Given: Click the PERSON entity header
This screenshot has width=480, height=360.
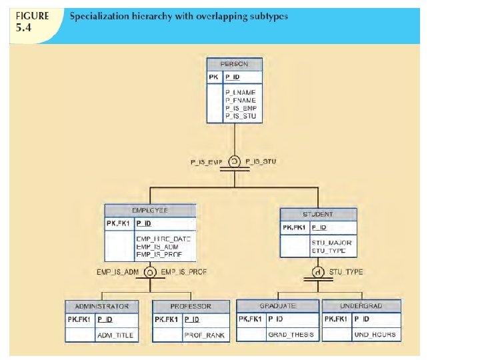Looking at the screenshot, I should click(x=234, y=64).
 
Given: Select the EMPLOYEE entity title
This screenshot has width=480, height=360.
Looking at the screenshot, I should click(x=151, y=209).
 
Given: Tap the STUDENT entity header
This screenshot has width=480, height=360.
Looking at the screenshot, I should click(x=318, y=215).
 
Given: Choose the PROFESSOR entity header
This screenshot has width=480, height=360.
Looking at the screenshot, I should click(x=191, y=306).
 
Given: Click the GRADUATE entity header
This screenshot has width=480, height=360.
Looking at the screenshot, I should click(x=278, y=306).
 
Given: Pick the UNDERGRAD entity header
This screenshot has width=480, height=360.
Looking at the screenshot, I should click(x=361, y=306).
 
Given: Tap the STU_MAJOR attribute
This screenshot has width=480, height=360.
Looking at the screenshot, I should click(x=331, y=243).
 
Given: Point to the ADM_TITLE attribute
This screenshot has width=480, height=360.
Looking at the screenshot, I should click(x=116, y=335).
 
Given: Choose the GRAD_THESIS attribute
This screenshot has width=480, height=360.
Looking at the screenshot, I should click(x=290, y=335).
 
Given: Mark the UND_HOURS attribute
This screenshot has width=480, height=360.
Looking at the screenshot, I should click(x=375, y=335).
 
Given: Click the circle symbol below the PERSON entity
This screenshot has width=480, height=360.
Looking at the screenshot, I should click(x=234, y=161).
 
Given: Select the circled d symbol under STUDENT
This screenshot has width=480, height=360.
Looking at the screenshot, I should click(x=318, y=272).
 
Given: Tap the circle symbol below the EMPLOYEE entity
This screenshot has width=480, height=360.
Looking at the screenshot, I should click(x=151, y=272).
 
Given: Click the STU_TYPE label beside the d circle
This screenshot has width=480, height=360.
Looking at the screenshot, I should click(x=347, y=272).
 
